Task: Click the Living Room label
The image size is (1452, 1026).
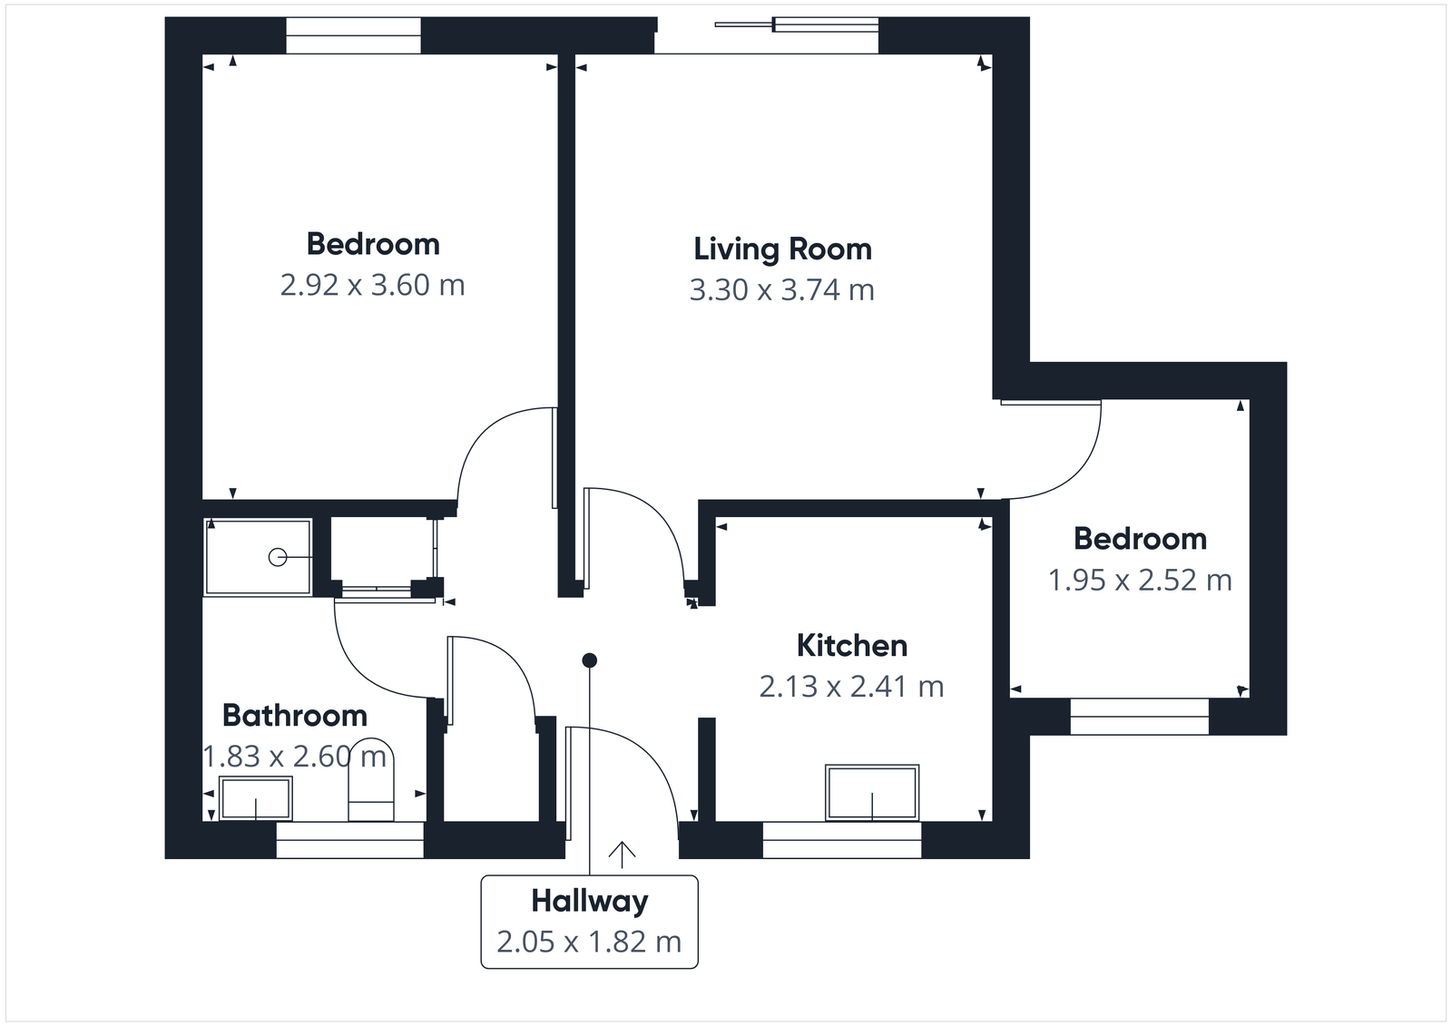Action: (x=782, y=249)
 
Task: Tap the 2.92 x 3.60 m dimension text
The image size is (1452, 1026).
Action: (x=372, y=285)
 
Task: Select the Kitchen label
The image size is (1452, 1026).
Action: (x=851, y=646)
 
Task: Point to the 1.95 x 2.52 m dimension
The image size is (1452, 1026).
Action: (x=1140, y=580)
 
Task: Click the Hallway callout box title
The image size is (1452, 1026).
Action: (x=589, y=901)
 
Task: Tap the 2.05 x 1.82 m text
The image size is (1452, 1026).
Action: (x=589, y=942)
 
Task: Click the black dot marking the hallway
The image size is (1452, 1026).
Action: (x=590, y=660)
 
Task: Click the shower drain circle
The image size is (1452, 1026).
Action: (x=278, y=557)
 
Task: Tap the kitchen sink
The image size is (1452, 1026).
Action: (x=872, y=793)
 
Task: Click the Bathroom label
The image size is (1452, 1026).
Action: (x=294, y=716)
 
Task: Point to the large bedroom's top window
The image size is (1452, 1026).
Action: (x=353, y=36)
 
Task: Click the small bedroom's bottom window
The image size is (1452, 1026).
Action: (x=1139, y=716)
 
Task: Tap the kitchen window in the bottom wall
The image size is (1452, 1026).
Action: (x=841, y=840)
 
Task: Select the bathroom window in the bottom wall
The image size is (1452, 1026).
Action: (x=349, y=840)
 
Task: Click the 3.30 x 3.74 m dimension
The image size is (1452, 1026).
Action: (x=782, y=289)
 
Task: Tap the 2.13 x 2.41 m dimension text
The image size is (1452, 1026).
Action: (x=851, y=687)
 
